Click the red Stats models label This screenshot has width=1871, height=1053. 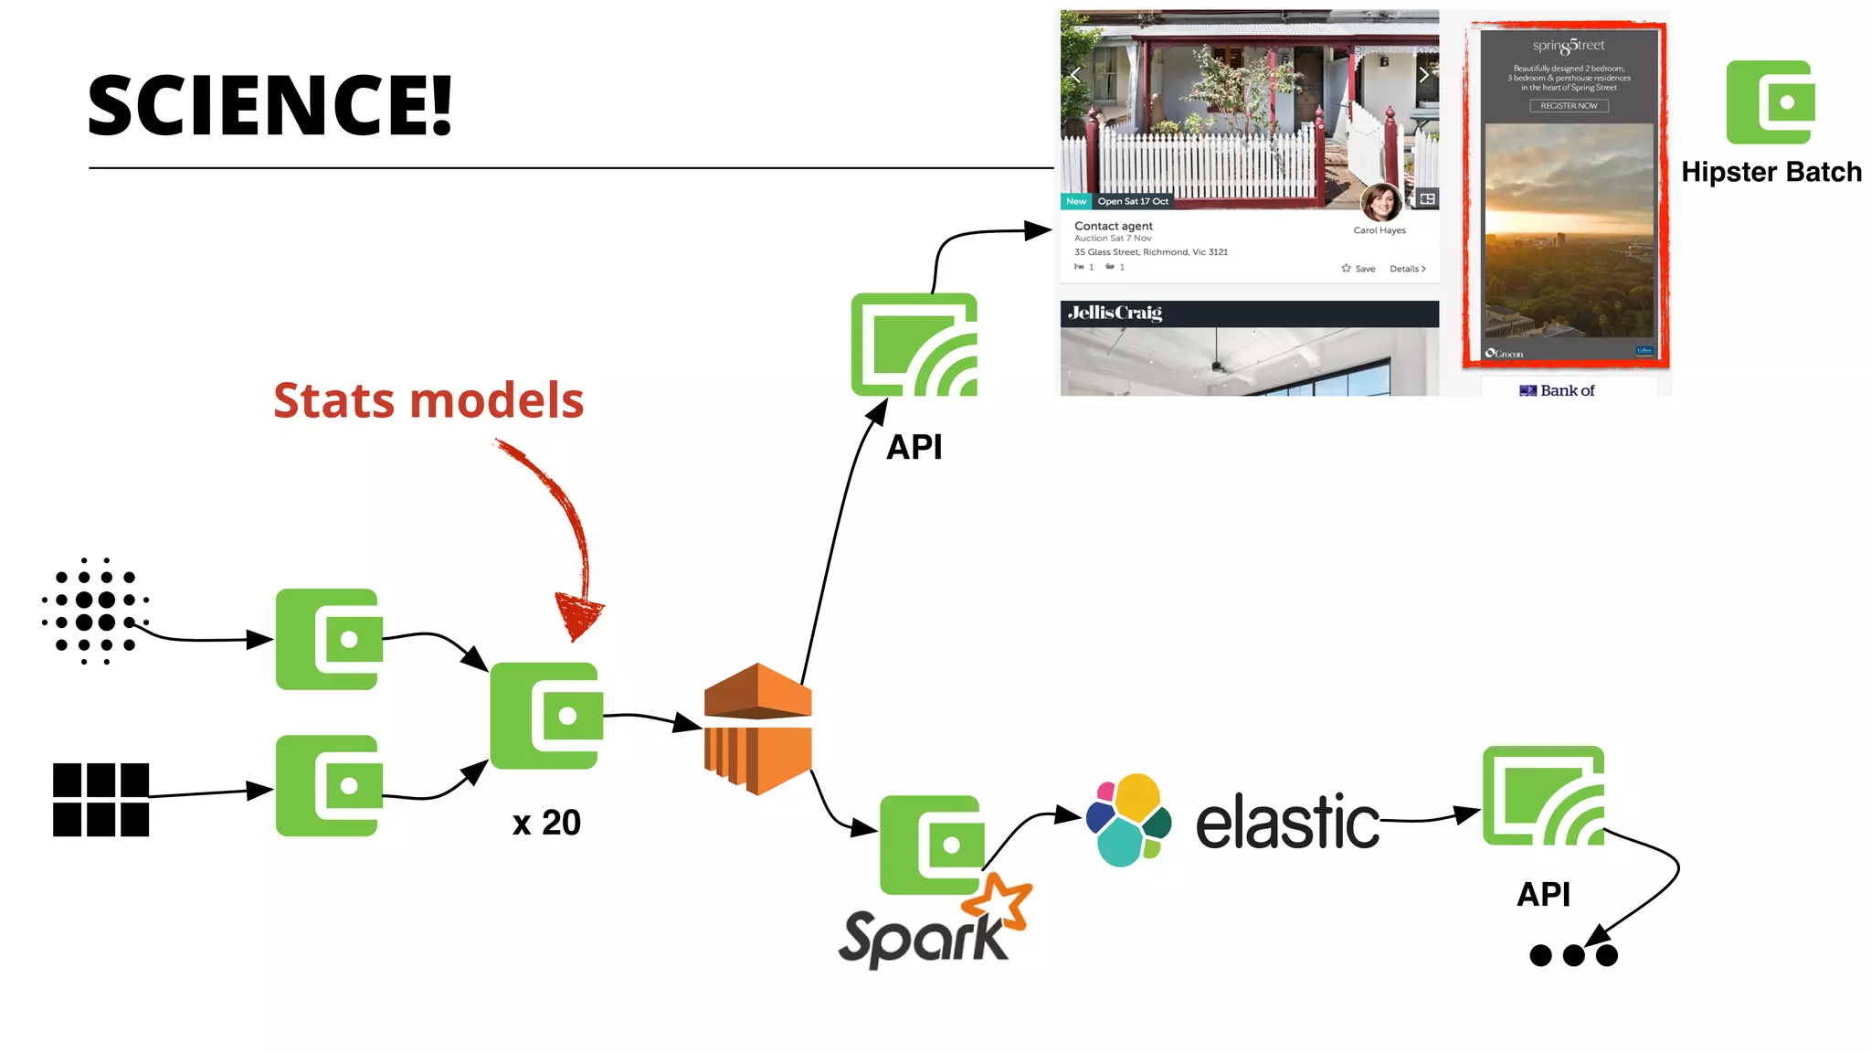pos(428,400)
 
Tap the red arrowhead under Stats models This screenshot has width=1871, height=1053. pos(579,615)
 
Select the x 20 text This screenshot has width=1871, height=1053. pos(546,823)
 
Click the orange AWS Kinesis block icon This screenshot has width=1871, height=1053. pos(757,729)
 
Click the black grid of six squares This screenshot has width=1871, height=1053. pos(100,800)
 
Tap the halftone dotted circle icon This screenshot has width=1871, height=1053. pos(95,611)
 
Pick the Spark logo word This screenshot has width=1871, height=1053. pos(923,937)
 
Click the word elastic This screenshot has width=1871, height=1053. pos(1287,822)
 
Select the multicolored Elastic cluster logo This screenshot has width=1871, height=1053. pos(1128,820)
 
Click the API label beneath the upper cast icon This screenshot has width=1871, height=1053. pos(914,447)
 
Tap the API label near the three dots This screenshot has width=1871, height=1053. pos(1543,894)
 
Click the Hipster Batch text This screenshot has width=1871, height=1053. pos(1771,172)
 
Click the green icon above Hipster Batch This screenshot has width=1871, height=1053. pos(1770,102)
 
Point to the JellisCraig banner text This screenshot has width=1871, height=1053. pos(1115,313)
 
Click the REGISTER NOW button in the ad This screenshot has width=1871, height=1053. pos(1569,106)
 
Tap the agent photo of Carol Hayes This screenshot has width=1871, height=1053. pos(1380,202)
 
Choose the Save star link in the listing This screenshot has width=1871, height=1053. pos(1358,269)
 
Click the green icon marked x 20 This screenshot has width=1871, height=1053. pos(546,716)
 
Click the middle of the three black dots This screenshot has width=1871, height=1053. pos(1573,955)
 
